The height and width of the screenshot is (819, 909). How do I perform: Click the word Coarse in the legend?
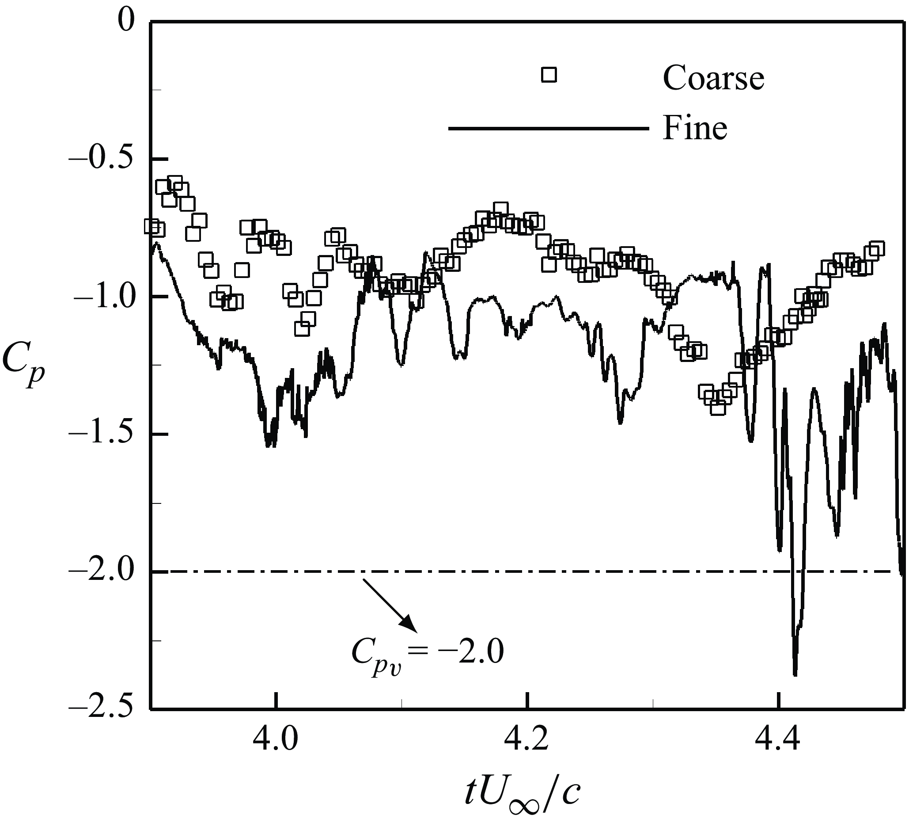click(x=713, y=78)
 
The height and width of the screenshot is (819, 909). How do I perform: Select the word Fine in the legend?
click(x=695, y=129)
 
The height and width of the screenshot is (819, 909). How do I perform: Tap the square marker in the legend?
click(x=549, y=75)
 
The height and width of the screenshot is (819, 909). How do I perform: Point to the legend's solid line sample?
click(x=549, y=129)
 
